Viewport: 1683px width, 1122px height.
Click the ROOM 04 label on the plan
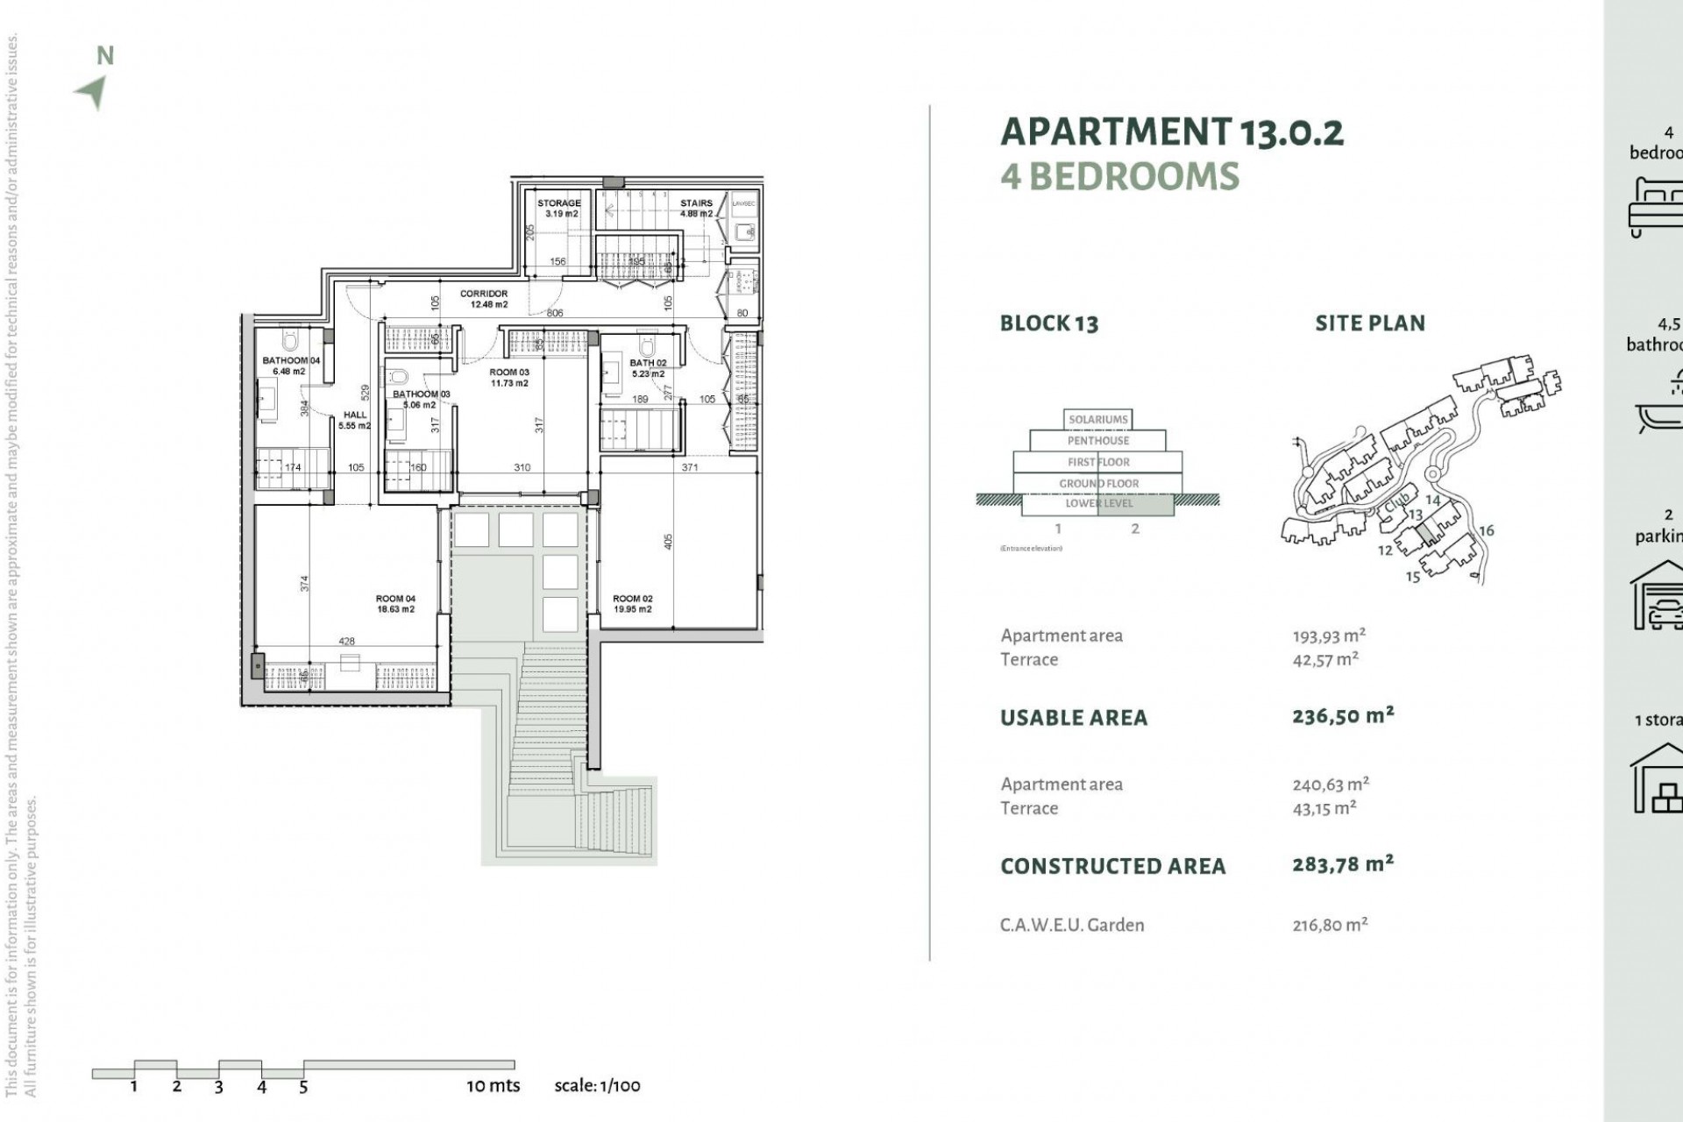[x=395, y=604]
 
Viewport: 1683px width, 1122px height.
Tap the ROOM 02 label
[x=632, y=604]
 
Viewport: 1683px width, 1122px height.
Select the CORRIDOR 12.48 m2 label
[x=484, y=299]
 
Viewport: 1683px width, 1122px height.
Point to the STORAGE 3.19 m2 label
[x=559, y=208]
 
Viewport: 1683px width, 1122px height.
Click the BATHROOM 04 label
[x=291, y=366]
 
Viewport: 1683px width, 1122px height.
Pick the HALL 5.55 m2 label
[x=355, y=420]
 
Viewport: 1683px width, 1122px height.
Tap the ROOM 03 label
[x=509, y=377]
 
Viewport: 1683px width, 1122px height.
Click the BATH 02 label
[x=648, y=368]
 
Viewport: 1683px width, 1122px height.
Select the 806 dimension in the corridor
[x=555, y=313]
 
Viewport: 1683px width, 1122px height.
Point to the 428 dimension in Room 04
[x=347, y=642]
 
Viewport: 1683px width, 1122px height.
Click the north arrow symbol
[x=92, y=91]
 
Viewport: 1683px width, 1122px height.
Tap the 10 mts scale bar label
[x=493, y=1085]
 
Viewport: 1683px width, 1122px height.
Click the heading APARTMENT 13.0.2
[x=1171, y=132]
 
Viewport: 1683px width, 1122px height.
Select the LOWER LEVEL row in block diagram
[x=1098, y=504]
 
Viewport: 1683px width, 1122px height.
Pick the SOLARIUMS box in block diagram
[x=1097, y=419]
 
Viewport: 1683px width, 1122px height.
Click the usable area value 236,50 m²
[x=1342, y=716]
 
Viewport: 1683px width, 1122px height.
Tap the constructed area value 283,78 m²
[x=1342, y=865]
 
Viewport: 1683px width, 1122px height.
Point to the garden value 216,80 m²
[x=1330, y=925]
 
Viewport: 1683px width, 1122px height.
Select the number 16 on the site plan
[x=1486, y=530]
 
